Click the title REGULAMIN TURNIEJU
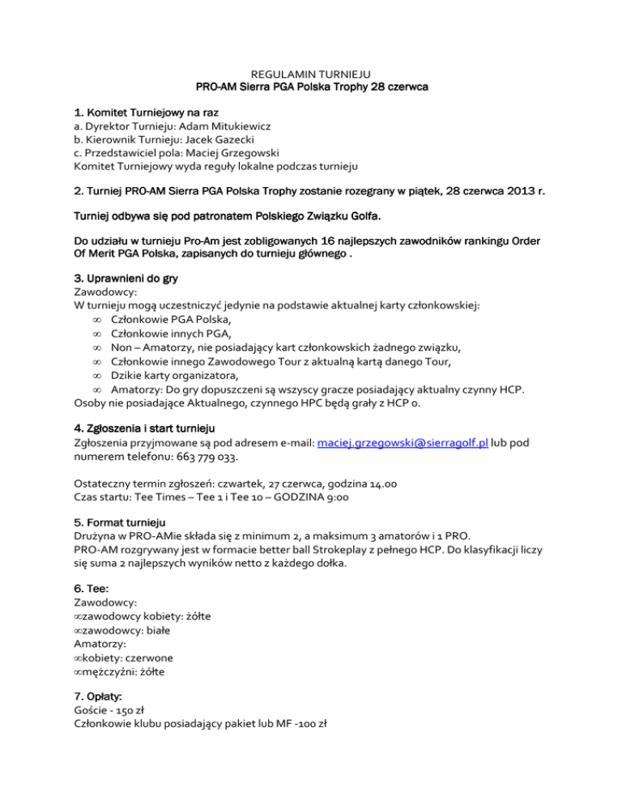311,74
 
